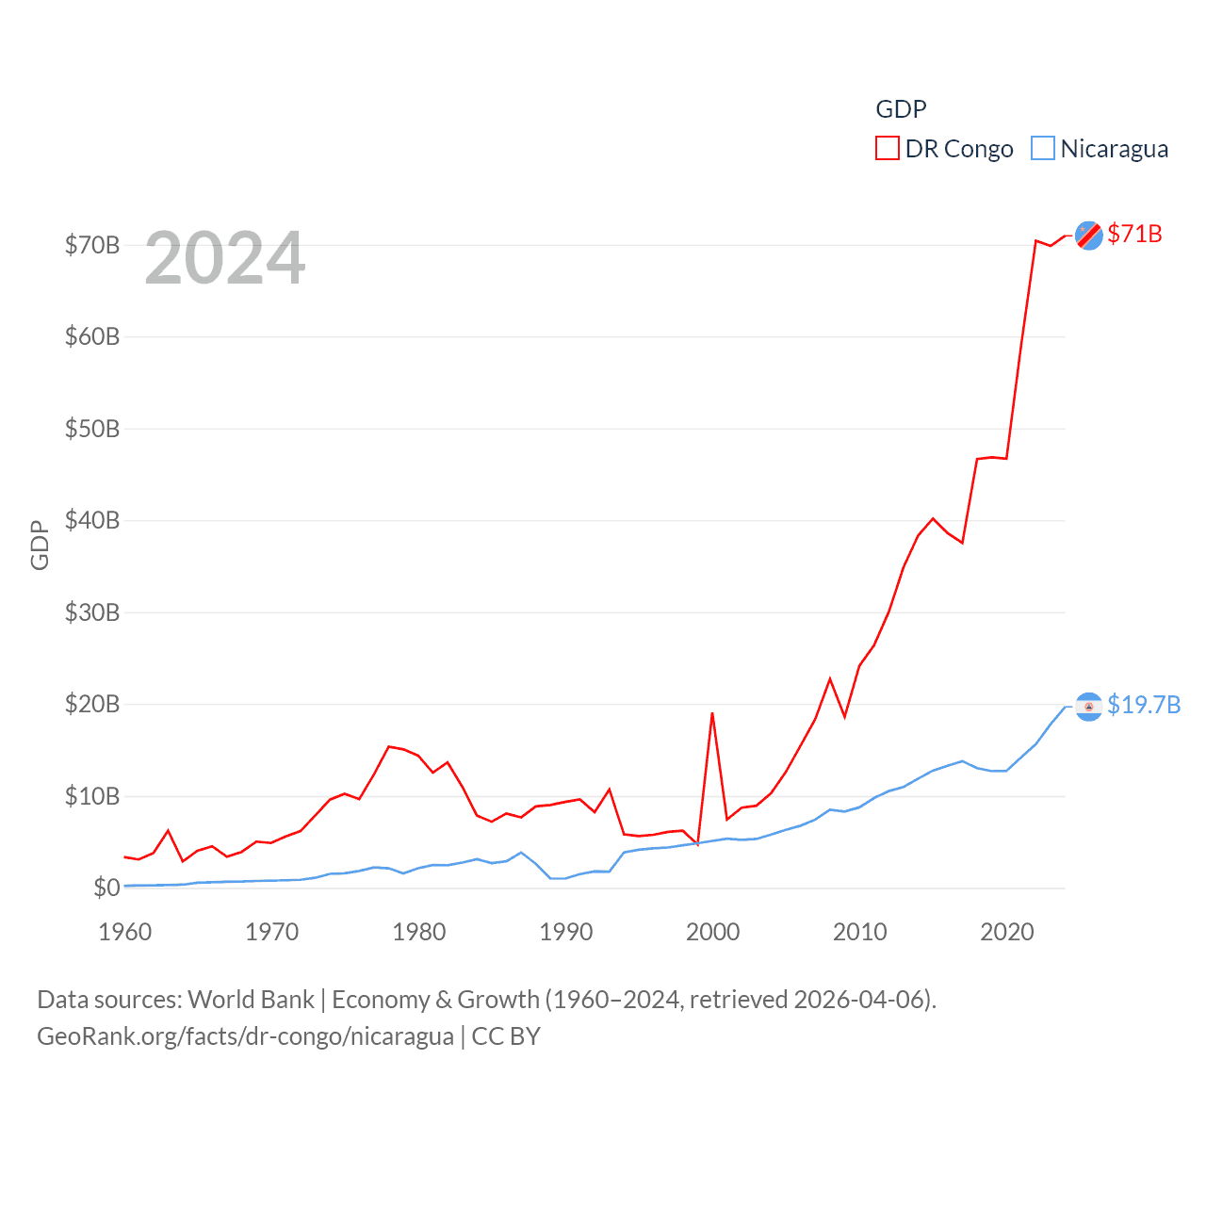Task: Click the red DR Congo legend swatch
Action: (888, 149)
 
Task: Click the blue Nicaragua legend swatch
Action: (1043, 149)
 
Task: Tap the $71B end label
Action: (1134, 234)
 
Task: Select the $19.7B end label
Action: (1144, 705)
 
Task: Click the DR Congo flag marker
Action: (1089, 236)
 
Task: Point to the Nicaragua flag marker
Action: (1089, 707)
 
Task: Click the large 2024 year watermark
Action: (225, 258)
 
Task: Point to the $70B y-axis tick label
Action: (92, 246)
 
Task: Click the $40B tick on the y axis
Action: (92, 520)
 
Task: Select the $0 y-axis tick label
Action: (106, 888)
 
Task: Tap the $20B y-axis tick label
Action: (92, 704)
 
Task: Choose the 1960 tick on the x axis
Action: (125, 932)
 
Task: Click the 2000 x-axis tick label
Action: (713, 932)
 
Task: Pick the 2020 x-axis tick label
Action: (1007, 932)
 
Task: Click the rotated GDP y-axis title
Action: (40, 545)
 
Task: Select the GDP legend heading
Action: (901, 109)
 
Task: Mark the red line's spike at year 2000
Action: (712, 713)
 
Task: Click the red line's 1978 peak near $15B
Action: (389, 746)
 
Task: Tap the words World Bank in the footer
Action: (251, 999)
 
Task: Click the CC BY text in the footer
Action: (506, 1036)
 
